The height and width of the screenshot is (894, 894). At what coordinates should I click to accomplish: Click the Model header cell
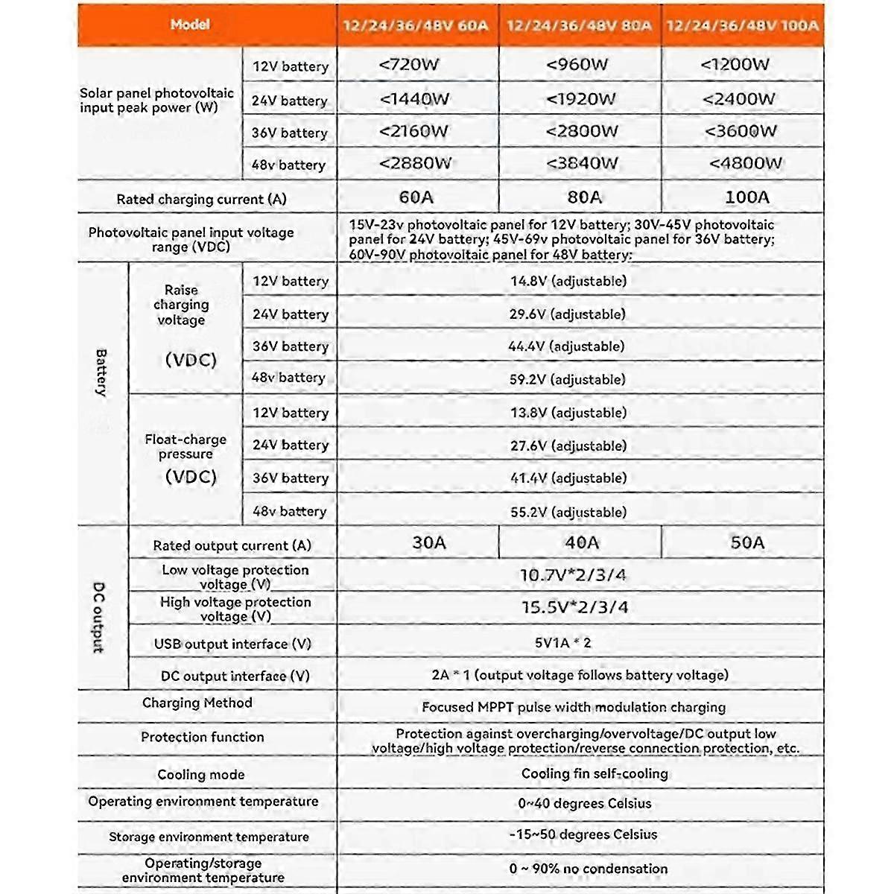190,25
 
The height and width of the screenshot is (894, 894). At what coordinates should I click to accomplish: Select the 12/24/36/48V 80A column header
579,25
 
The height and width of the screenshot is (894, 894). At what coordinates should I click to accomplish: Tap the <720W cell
409,65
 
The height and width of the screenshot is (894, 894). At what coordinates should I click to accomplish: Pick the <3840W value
582,163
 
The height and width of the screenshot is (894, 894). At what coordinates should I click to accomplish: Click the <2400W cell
738,99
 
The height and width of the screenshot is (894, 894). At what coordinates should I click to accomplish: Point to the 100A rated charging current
746,197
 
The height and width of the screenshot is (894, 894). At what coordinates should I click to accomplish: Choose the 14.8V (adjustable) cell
568,282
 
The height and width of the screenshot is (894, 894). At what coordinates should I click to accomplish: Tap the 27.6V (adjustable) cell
568,446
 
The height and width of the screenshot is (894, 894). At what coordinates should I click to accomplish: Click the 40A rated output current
581,543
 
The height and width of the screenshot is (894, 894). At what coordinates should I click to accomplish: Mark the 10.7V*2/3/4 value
573,575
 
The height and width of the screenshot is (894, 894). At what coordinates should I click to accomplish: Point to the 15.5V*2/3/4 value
574,608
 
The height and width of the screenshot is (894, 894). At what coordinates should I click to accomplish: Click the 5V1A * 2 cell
562,643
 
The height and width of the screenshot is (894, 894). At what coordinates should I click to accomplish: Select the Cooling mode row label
201,775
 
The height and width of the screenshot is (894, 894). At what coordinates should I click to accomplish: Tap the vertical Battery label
101,372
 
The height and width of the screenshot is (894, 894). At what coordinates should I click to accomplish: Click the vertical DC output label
99,618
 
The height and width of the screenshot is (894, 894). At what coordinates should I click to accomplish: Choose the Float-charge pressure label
186,447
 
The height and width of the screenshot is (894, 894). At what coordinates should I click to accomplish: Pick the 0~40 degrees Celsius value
584,804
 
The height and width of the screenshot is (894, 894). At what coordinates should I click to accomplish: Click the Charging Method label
197,703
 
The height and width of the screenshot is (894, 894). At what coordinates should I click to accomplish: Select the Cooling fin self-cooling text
595,774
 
